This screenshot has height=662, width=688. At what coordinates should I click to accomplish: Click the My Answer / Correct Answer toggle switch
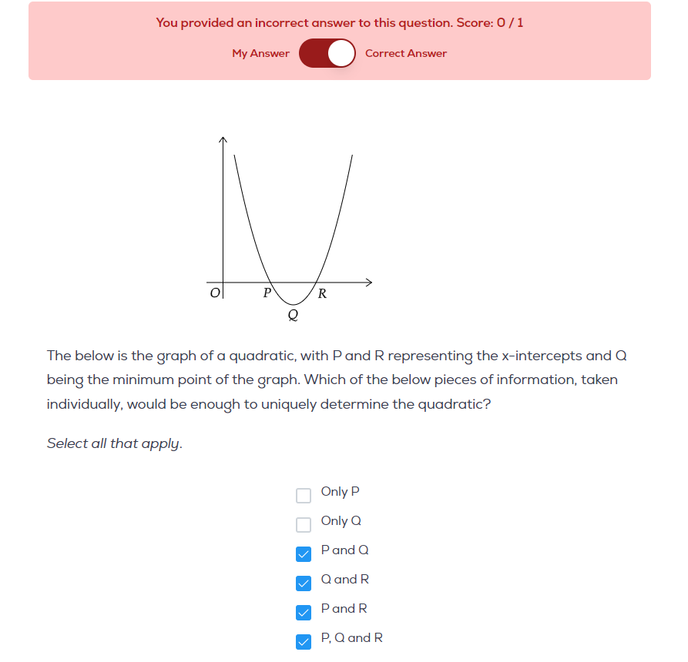click(327, 53)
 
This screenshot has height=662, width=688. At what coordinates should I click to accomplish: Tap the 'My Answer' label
click(260, 53)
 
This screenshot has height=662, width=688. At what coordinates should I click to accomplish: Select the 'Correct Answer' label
click(406, 53)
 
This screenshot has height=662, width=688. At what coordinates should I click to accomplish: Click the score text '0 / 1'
click(510, 22)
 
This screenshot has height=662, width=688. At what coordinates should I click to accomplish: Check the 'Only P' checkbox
click(304, 495)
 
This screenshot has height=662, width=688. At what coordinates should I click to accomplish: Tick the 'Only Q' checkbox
click(304, 524)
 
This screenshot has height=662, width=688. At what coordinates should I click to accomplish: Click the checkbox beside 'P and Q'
click(304, 553)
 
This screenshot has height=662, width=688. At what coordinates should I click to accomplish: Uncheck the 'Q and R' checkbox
click(304, 583)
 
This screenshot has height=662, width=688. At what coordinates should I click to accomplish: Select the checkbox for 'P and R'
click(304, 612)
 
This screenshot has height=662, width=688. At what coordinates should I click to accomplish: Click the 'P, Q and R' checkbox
click(304, 641)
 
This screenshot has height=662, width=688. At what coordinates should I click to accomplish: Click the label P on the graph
click(267, 293)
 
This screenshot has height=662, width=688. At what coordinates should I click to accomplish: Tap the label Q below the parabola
click(293, 314)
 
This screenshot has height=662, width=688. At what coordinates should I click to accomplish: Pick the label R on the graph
click(322, 293)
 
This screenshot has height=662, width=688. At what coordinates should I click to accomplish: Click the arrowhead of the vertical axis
click(223, 139)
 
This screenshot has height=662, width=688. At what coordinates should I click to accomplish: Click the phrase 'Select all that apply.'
click(114, 443)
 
